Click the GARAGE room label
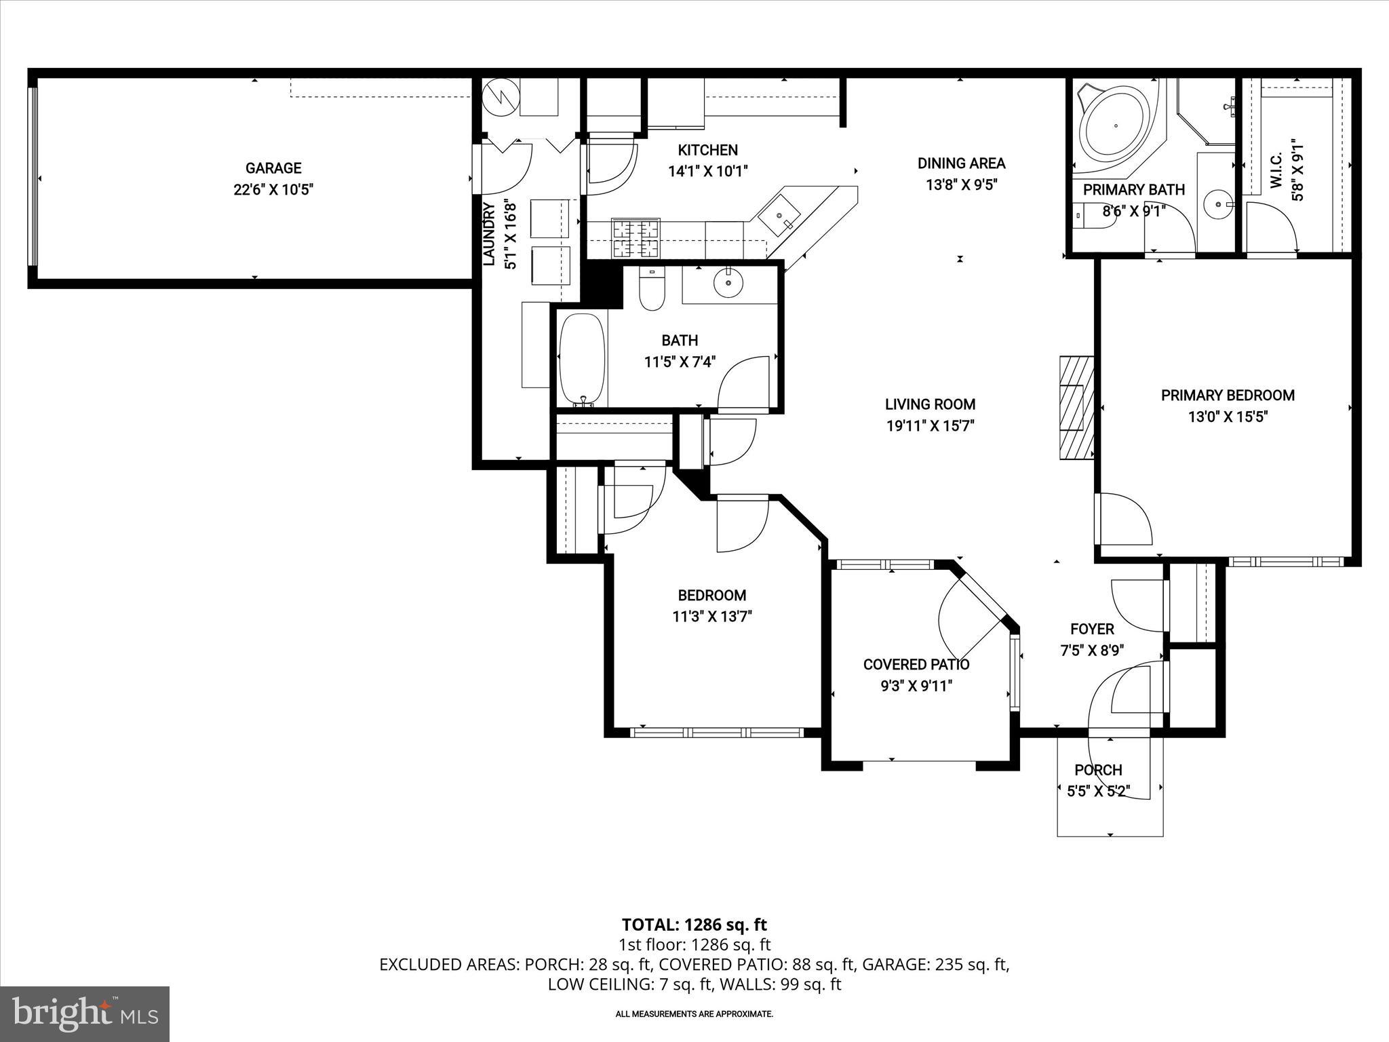point(273,168)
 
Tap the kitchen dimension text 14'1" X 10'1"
point(708,172)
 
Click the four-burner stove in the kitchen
point(635,238)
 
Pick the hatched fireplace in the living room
point(1076,408)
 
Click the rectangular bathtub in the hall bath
point(581,360)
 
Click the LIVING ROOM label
point(930,404)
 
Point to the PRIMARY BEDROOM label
point(1228,395)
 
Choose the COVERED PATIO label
point(916,664)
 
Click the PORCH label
point(1098,770)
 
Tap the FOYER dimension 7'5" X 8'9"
point(1092,651)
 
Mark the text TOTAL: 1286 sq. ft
point(694,925)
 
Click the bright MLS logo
point(85,1014)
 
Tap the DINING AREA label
point(961,163)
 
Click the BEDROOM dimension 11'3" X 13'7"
point(712,617)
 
